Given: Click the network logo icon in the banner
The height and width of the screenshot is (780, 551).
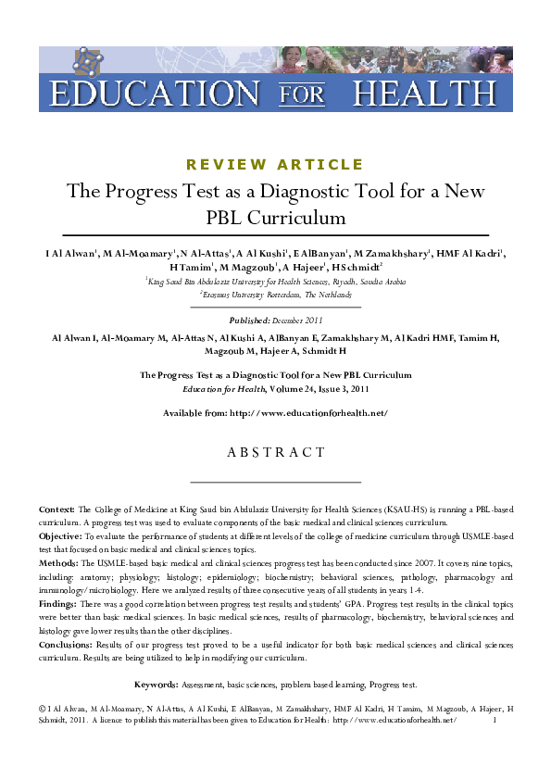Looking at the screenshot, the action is tap(88, 63).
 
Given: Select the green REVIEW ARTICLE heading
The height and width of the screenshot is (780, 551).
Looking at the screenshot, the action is tap(275, 165).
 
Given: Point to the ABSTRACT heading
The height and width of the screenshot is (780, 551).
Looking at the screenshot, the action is tap(275, 453).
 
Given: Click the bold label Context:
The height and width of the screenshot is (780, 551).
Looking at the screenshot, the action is tap(56, 510).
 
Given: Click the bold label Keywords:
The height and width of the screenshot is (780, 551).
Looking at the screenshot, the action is tap(156, 685).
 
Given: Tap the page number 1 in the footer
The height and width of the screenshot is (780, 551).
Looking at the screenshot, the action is tap(495, 720).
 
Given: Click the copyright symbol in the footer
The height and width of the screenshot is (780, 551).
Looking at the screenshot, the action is tap(43, 708).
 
